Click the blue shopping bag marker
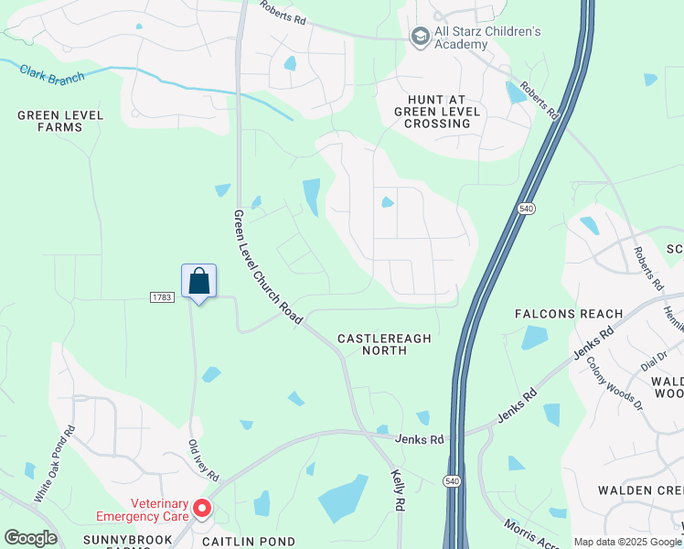(x=198, y=282)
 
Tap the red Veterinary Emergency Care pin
(x=202, y=508)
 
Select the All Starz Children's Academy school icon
(x=420, y=37)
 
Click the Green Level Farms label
(x=60, y=121)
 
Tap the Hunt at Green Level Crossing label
(x=437, y=111)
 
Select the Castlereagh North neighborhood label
(x=384, y=344)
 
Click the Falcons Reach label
(x=569, y=314)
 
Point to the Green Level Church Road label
(x=267, y=266)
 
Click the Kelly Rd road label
(x=398, y=490)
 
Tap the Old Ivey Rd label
(x=203, y=460)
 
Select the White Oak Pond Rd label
(x=56, y=476)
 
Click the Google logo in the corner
(x=31, y=538)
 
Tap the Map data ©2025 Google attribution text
(x=628, y=542)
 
